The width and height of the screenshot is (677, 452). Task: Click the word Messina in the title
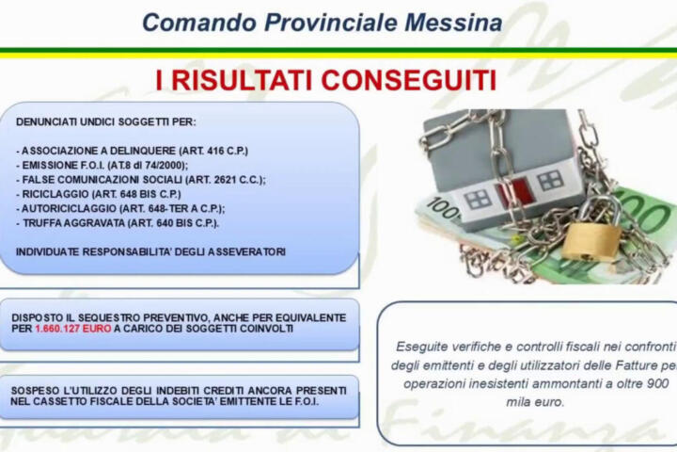(453, 23)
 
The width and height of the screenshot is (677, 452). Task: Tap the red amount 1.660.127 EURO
(73, 329)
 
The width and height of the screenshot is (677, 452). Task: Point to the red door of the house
(513, 191)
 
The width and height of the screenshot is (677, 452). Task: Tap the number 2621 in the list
(226, 180)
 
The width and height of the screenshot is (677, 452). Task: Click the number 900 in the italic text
(658, 383)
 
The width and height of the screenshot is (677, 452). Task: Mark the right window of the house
(550, 181)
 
